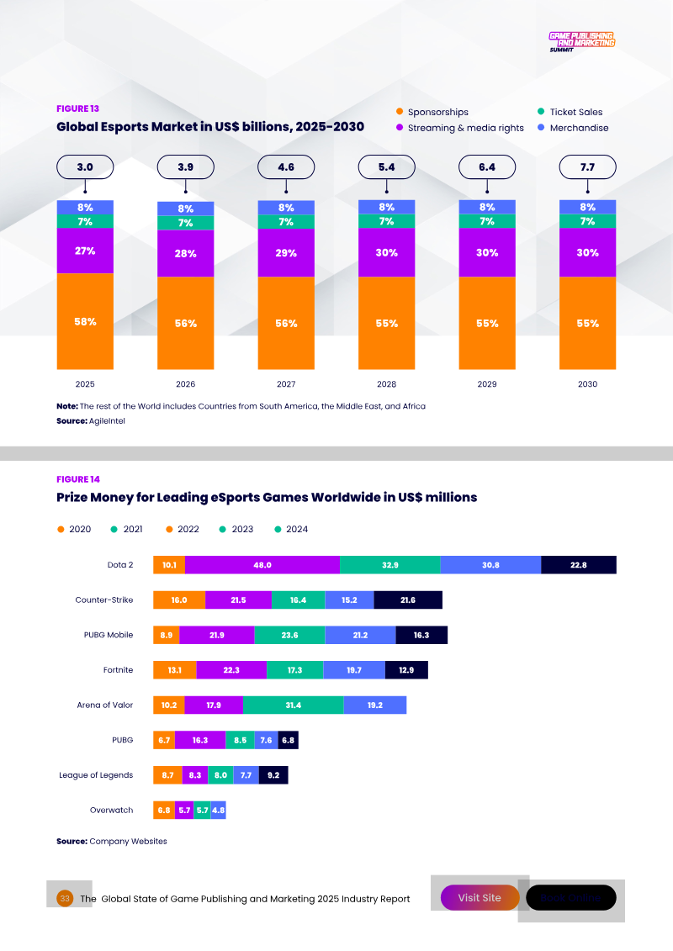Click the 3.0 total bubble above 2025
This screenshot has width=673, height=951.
85,167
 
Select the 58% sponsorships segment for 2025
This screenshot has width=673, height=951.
85,321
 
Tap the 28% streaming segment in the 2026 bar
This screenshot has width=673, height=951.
185,253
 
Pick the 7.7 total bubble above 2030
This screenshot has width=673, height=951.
587,167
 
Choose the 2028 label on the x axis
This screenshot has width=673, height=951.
386,384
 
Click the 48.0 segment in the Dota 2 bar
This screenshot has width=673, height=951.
262,565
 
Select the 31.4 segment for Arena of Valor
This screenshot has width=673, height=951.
293,705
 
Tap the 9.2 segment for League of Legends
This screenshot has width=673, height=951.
273,774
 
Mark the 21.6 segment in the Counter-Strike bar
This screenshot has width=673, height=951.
408,600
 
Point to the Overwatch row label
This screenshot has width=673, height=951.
111,810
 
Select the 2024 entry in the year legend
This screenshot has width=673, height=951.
291,529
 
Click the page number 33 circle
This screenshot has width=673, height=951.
65,898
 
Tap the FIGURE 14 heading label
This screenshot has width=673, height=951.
77,479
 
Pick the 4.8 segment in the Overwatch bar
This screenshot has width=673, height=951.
218,811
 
